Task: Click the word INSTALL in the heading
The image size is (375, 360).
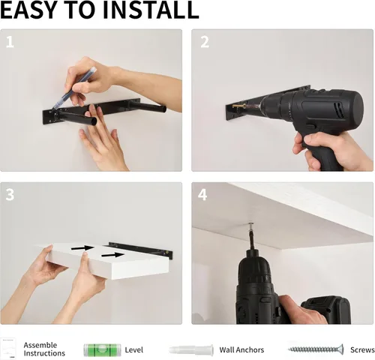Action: click(x=151, y=10)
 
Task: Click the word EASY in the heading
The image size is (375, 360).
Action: click(x=31, y=10)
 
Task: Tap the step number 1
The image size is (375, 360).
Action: click(x=10, y=42)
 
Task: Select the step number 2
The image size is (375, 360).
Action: click(x=205, y=42)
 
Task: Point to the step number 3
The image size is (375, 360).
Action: click(x=10, y=195)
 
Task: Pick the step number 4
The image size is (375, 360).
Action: click(x=202, y=195)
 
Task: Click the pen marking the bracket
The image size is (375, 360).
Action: click(x=74, y=88)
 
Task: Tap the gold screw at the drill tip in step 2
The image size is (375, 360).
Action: click(x=238, y=106)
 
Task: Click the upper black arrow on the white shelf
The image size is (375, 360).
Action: click(x=82, y=248)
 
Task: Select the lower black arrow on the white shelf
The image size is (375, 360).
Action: click(x=112, y=255)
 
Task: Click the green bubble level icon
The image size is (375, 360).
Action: click(x=102, y=350)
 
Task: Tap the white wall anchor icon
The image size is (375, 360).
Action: click(x=191, y=349)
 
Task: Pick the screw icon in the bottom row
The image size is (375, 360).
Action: click(x=316, y=349)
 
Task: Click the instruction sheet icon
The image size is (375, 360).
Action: click(x=7, y=349)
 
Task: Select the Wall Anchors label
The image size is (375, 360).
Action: click(x=241, y=349)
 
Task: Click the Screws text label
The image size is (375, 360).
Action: click(x=362, y=349)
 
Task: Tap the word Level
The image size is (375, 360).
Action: click(x=134, y=349)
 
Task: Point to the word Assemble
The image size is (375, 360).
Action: click(x=40, y=345)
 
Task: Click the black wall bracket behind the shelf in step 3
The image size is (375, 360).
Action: click(x=141, y=250)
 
